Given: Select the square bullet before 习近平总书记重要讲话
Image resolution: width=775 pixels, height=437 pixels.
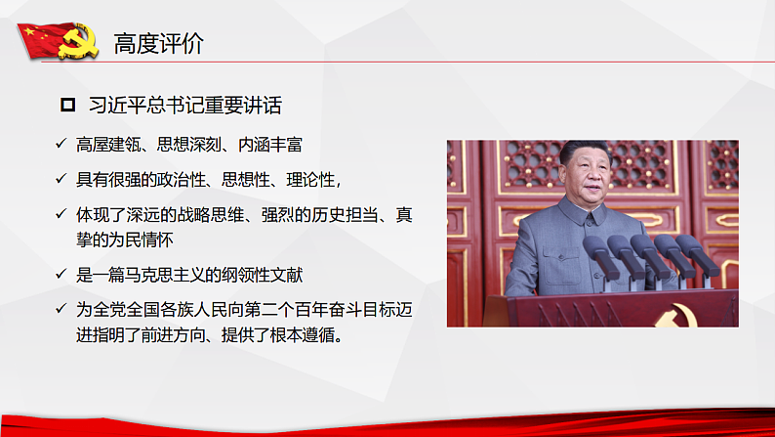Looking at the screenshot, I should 67,105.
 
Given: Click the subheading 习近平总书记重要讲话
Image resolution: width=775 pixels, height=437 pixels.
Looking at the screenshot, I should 185,105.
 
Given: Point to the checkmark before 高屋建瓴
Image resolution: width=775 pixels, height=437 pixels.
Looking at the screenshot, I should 61,146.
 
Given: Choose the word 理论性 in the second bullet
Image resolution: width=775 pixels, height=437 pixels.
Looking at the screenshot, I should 307,180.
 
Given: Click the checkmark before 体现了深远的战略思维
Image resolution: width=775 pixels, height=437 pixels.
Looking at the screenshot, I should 61,214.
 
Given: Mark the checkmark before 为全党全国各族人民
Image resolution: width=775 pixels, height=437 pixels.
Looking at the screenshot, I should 61,309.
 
